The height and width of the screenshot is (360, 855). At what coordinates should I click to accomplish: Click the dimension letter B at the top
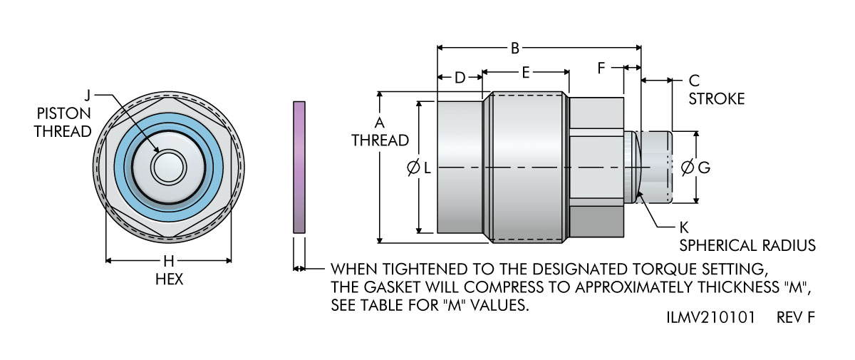tap(515, 48)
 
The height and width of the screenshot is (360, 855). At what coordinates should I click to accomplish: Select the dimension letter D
tap(460, 76)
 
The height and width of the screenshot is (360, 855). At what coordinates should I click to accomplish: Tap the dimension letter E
tap(526, 72)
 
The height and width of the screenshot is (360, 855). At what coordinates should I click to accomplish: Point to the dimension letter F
tap(601, 68)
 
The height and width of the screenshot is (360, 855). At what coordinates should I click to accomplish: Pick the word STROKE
tap(716, 98)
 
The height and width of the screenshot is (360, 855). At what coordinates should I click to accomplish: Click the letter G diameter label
tap(703, 168)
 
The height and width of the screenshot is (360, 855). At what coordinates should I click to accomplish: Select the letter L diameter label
tap(426, 168)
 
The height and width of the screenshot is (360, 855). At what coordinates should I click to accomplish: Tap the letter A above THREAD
tap(380, 122)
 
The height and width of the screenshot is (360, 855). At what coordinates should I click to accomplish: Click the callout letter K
tap(684, 228)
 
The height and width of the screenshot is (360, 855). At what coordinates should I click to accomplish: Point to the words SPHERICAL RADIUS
tap(747, 246)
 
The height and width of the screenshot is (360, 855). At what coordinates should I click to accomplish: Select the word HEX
tap(169, 279)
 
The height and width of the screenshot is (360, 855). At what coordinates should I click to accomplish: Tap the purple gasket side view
tap(299, 167)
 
